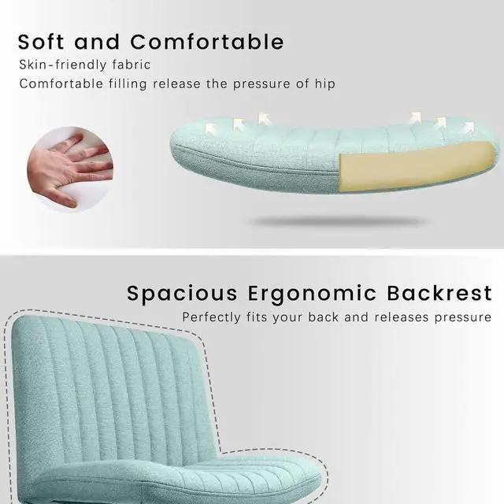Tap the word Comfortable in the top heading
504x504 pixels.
point(207,41)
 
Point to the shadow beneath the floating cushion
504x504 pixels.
point(339,221)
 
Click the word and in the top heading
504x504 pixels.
point(99,41)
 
